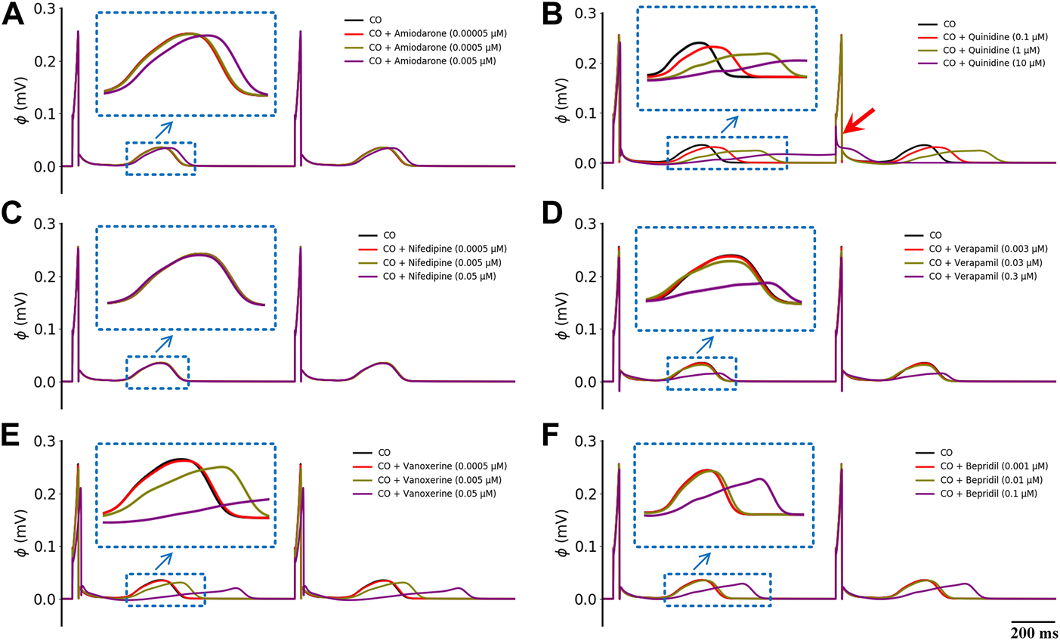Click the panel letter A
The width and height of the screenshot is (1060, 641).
click(x=13, y=16)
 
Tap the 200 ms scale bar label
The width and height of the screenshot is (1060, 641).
click(x=1033, y=633)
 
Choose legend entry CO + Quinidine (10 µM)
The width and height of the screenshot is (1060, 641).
click(x=981, y=63)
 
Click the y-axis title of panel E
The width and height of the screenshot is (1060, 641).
click(x=22, y=547)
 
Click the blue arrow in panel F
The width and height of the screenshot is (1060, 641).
click(x=702, y=561)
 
